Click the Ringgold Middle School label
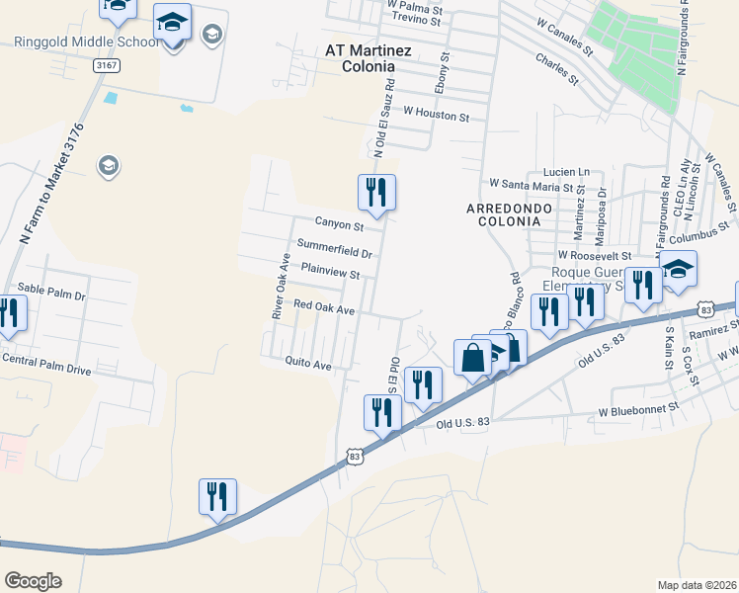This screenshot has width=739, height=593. coord(85,42)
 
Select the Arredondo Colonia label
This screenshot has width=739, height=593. coord(504,214)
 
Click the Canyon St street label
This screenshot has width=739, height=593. coord(339,225)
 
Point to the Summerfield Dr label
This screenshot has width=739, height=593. coord(334,248)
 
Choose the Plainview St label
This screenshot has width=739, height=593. coord(330,270)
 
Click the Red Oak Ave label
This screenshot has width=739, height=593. coord(324,309)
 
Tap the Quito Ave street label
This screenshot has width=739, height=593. coord(308,364)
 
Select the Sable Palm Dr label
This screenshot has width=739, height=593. coord(52,295)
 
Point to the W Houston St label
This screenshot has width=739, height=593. coord(436,116)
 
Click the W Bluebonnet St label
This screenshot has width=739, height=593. coord(639,407)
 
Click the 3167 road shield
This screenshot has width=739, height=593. coord(107,64)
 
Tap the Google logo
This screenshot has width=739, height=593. coord(33,581)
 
